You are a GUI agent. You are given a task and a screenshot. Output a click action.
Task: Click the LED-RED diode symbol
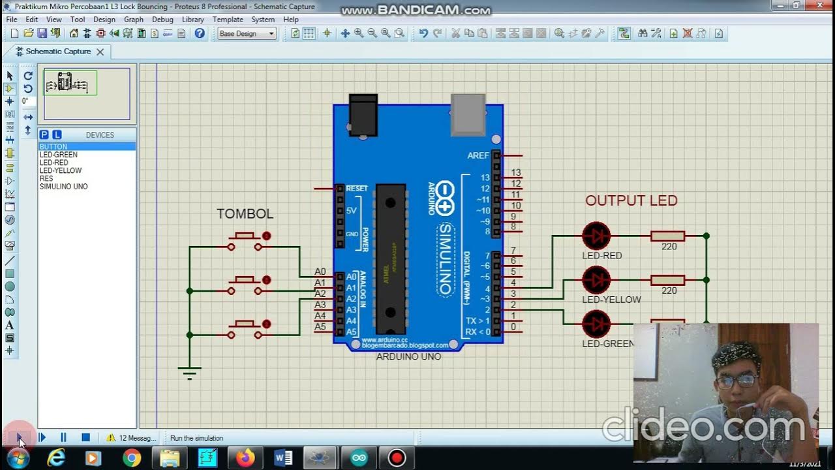(x=596, y=236)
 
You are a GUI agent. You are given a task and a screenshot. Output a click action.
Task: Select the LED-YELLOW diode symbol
(x=596, y=280)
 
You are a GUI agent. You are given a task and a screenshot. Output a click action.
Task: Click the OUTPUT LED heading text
(x=631, y=201)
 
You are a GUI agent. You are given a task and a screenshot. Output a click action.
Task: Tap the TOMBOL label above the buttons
(x=245, y=214)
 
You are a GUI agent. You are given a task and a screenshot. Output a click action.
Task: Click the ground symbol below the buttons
(x=189, y=373)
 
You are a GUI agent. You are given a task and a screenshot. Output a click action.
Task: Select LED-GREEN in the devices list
(x=59, y=155)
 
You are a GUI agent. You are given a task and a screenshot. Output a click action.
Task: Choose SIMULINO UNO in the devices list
(x=63, y=186)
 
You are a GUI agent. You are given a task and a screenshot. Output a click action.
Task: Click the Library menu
(x=192, y=20)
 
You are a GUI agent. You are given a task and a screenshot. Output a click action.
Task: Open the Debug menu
(x=162, y=20)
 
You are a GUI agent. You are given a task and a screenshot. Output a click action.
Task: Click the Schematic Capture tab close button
(x=100, y=52)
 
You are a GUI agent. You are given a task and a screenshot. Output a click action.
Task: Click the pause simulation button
(x=63, y=437)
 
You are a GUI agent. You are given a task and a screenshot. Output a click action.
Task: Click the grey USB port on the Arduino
(x=468, y=115)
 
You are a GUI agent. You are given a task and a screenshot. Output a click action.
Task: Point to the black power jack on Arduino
(x=363, y=116)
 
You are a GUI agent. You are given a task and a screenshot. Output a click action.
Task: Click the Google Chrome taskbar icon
(x=132, y=458)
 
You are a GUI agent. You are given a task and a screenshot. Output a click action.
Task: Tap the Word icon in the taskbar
(x=284, y=458)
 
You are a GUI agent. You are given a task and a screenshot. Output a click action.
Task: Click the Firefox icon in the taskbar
(x=246, y=458)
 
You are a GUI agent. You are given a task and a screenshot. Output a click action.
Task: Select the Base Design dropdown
(x=247, y=33)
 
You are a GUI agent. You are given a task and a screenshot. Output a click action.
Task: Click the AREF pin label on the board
(x=478, y=155)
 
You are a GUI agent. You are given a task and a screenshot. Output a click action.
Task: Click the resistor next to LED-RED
(x=667, y=236)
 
